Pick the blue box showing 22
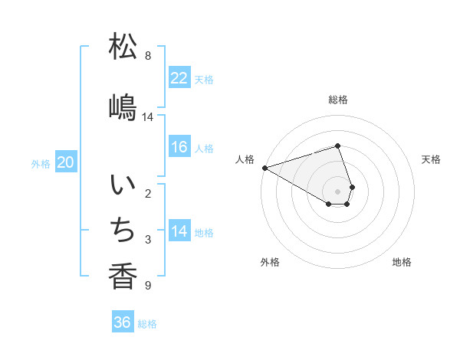tap(179, 78)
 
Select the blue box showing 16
tap(179, 147)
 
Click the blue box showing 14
tap(179, 231)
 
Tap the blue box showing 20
tap(66, 162)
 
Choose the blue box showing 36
tap(122, 322)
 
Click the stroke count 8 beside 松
tap(148, 56)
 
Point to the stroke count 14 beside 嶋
tap(148, 116)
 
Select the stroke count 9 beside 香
tap(148, 286)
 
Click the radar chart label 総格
tap(338, 100)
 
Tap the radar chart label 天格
tap(431, 159)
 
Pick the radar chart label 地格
tap(402, 262)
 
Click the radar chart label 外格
tap(270, 262)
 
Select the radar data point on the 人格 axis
tap(264, 168)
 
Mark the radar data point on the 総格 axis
tap(338, 146)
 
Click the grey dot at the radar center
tap(338, 191)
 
